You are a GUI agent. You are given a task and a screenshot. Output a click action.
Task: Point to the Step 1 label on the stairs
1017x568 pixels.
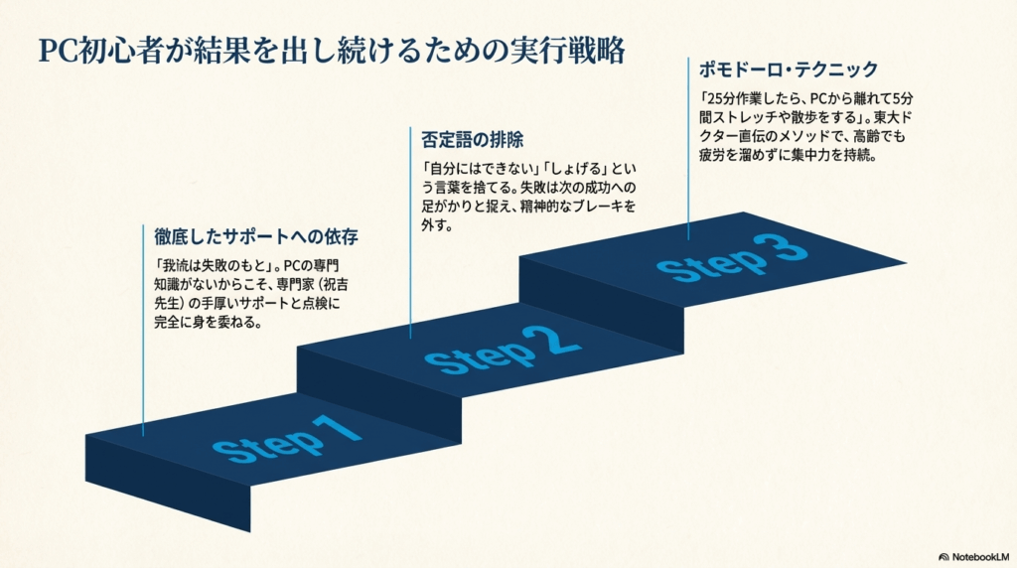tap(284, 438)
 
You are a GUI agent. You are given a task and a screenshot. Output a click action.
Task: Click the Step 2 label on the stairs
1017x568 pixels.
tap(502, 349)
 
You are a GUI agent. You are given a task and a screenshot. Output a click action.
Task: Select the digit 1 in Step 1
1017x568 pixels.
tap(336, 428)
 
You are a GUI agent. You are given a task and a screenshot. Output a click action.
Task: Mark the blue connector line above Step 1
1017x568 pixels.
tap(144, 328)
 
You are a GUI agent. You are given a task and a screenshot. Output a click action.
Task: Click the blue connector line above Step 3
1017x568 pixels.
tap(687, 149)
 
